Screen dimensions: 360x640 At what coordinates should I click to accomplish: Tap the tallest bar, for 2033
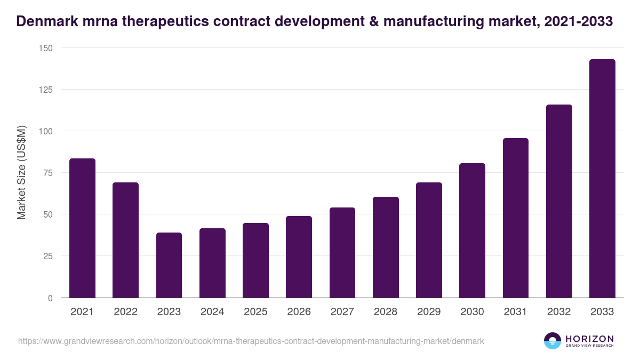(x=602, y=179)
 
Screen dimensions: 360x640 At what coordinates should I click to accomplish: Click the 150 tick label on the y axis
(x=45, y=48)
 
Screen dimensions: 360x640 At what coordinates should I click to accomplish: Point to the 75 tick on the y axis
(x=47, y=173)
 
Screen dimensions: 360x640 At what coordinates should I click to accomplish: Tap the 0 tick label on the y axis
(x=50, y=298)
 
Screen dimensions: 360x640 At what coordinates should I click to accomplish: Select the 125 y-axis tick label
(x=45, y=90)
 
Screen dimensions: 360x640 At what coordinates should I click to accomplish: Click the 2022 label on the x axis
(x=125, y=312)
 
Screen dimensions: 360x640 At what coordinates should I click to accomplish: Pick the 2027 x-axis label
(x=342, y=312)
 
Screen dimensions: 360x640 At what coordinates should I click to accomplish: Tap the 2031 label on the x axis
(x=515, y=312)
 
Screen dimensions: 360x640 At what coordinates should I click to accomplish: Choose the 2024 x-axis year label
(x=212, y=312)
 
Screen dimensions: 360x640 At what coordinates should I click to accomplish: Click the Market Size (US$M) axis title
(x=21, y=172)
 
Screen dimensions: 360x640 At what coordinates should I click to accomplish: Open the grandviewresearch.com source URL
(x=251, y=341)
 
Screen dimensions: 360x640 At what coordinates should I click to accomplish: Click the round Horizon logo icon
(x=552, y=341)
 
